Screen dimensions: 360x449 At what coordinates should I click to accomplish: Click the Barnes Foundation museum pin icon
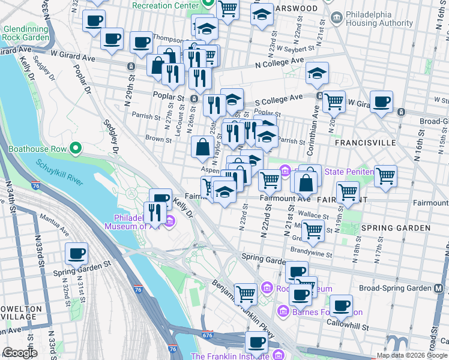point(284,311)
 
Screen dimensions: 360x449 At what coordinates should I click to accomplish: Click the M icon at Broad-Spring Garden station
point(441,288)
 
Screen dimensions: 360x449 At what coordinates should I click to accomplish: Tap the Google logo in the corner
point(20,353)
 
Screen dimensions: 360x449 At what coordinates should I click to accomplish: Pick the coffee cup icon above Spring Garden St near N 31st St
point(76,253)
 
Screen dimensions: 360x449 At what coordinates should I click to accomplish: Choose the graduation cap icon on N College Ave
point(317,73)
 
